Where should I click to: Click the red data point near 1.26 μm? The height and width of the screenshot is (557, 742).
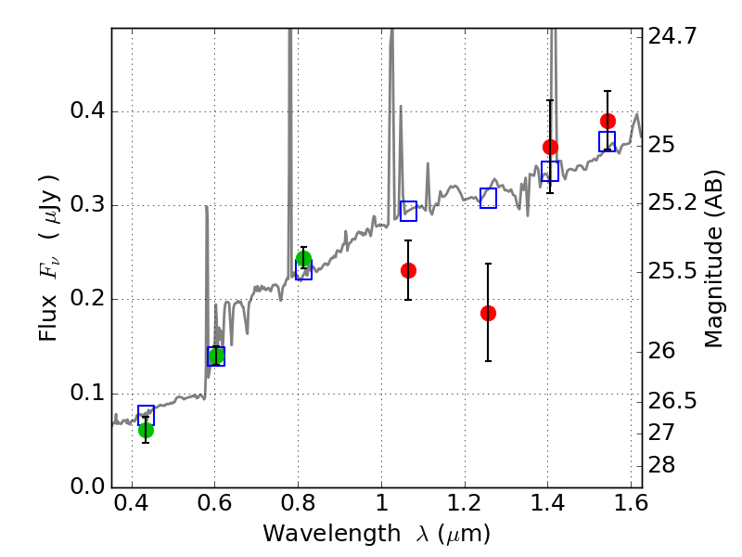488,313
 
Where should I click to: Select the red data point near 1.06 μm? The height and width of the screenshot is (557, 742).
408,270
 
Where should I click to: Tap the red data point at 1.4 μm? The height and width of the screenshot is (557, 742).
550,147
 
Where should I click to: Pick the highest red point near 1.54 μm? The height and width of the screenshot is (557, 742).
608,121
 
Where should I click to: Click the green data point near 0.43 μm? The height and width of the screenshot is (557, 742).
146,430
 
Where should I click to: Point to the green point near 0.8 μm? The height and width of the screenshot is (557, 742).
303,259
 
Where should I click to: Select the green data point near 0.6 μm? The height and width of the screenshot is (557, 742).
216,356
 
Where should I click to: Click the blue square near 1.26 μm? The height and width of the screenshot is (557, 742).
489,198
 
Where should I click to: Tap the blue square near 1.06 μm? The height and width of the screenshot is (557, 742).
408,211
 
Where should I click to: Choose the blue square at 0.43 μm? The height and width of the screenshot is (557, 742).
146,415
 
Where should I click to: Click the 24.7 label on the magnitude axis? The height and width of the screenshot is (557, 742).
672,37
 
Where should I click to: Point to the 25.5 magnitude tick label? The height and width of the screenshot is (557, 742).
672,273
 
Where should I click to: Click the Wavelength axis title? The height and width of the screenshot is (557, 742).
376,534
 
